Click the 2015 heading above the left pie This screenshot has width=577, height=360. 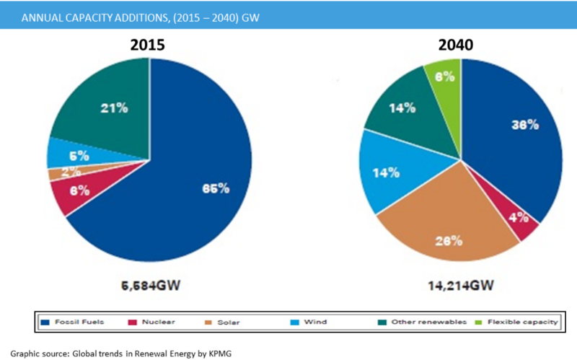147,45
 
